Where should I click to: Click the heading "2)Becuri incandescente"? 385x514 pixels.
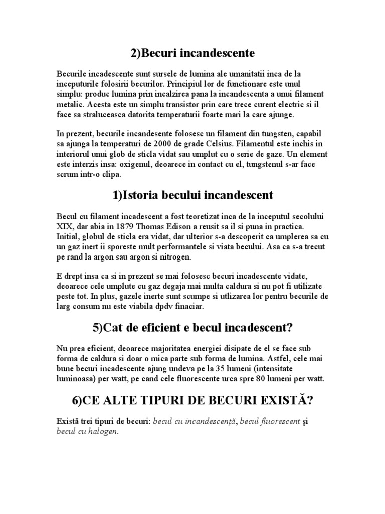(192, 53)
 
